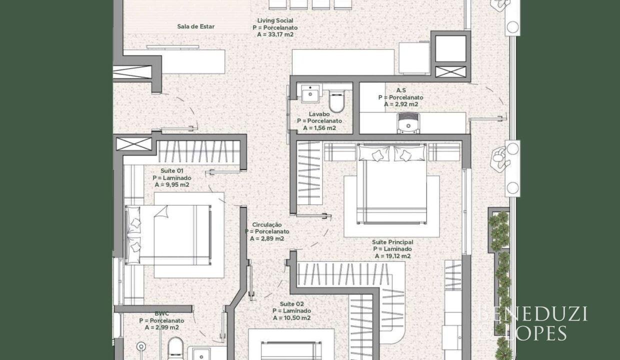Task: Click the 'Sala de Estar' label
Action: [x=195, y=26]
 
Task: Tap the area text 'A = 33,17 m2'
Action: [x=275, y=34]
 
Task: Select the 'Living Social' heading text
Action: [x=275, y=20]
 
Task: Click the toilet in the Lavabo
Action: [x=336, y=101]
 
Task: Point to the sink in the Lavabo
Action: [x=310, y=93]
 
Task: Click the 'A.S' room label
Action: [x=401, y=90]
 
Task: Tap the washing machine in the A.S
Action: [x=408, y=123]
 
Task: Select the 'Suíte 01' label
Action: [x=172, y=170]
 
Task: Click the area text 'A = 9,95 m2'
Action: [x=172, y=185]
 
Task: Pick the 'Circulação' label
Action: [x=267, y=224]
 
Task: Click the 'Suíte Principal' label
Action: [x=392, y=242]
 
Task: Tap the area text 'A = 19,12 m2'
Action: [x=393, y=256]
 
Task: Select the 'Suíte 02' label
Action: [x=291, y=304]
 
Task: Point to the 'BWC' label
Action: [x=161, y=313]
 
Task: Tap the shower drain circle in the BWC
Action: [x=141, y=346]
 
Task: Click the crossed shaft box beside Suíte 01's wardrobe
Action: [x=134, y=144]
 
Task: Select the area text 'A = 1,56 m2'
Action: [x=319, y=128]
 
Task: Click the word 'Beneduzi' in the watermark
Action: [x=533, y=314]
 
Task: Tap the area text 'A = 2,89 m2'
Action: [x=267, y=238]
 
